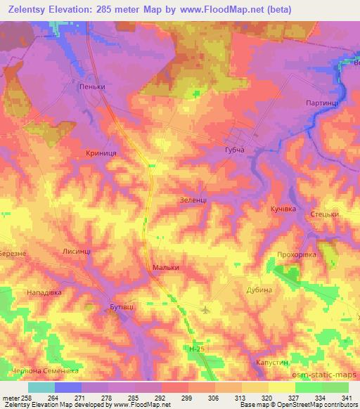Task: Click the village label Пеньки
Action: [x=94, y=87]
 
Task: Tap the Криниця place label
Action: [x=101, y=152]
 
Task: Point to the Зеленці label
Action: [x=192, y=200]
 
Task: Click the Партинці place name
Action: [x=323, y=103]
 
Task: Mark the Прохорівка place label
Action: [x=300, y=254]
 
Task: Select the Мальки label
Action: [x=166, y=268]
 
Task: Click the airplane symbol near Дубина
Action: [x=205, y=309]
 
